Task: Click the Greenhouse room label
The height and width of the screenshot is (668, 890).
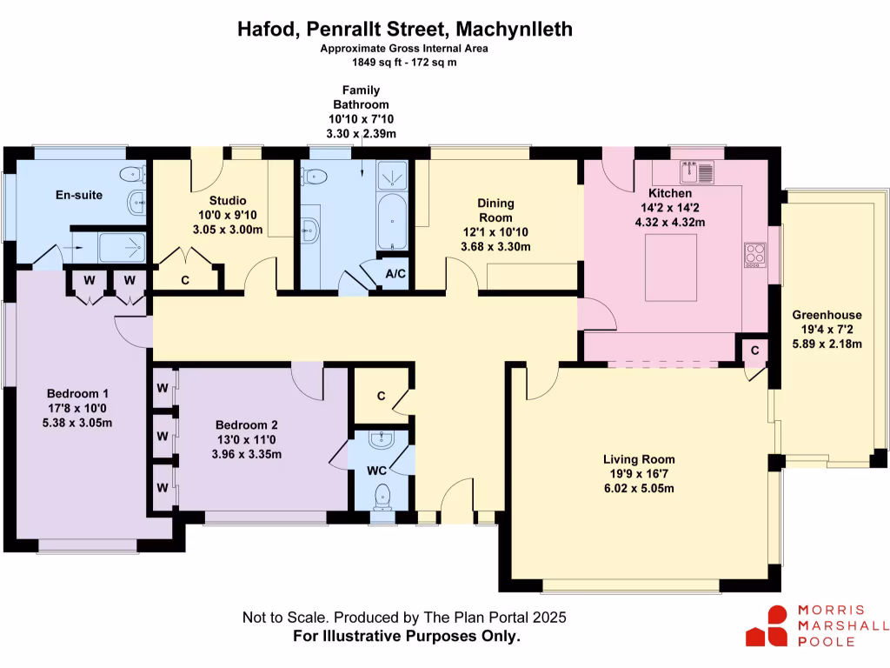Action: click(x=827, y=315)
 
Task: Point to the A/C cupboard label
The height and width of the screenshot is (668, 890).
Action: click(x=395, y=273)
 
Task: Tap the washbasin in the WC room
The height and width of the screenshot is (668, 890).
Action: click(x=382, y=441)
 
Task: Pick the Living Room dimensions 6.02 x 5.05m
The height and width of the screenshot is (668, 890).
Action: click(x=639, y=488)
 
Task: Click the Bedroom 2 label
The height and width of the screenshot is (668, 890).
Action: click(x=247, y=424)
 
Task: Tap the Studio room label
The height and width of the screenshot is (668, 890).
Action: click(x=228, y=201)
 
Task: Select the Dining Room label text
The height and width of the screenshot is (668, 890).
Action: click(x=495, y=210)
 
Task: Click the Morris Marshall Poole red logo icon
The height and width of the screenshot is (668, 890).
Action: click(x=766, y=626)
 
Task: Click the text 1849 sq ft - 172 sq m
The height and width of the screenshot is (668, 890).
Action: click(x=404, y=62)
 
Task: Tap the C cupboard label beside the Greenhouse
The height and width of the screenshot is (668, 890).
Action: click(x=754, y=350)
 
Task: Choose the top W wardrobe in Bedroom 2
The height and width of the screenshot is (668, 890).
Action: click(x=162, y=386)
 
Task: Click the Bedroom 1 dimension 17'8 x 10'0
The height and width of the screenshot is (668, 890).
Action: click(x=78, y=407)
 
